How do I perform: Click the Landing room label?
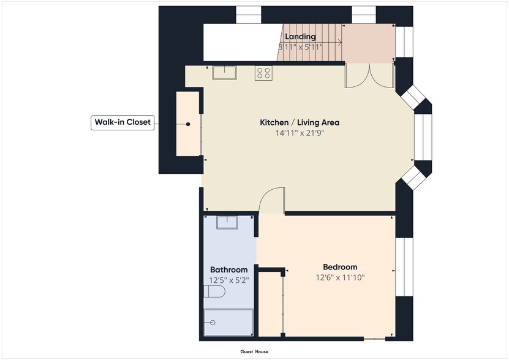pyautogui.click(x=300, y=37)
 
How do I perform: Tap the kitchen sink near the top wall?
pyautogui.click(x=225, y=73)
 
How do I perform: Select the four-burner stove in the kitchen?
pyautogui.click(x=264, y=73)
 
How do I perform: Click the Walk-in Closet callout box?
pyautogui.click(x=121, y=122)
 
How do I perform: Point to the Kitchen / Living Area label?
pyautogui.click(x=300, y=122)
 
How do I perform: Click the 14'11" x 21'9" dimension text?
pyautogui.click(x=300, y=133)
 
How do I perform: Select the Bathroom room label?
pyautogui.click(x=229, y=269)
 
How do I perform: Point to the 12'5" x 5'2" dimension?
pyautogui.click(x=229, y=280)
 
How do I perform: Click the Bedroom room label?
pyautogui.click(x=340, y=267)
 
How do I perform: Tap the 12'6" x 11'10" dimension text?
pyautogui.click(x=340, y=277)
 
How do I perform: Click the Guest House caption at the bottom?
pyautogui.click(x=254, y=352)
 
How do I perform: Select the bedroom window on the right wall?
pyautogui.click(x=404, y=267)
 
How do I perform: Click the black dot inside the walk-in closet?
pyautogui.click(x=188, y=124)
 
